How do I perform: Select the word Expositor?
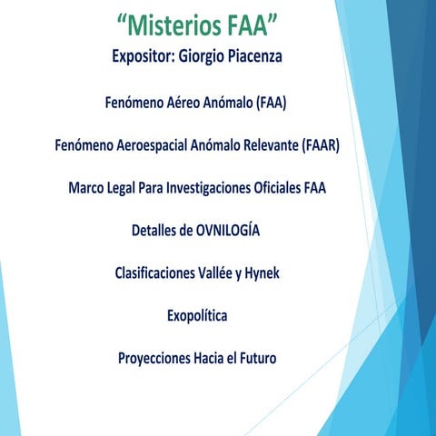144,57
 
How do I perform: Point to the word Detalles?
159,231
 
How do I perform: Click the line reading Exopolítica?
197,316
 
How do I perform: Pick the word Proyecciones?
154,359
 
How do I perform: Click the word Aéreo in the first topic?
186,103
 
